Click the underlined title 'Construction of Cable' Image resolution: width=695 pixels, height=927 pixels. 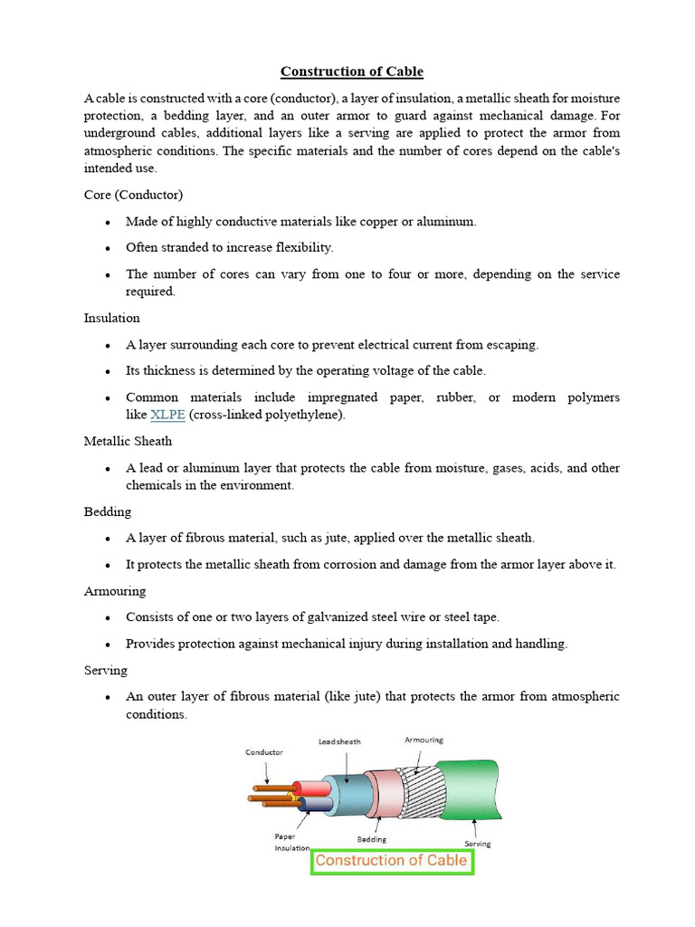click(351, 72)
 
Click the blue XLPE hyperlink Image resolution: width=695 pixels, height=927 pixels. click(167, 415)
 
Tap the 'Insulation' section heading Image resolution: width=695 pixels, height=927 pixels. click(111, 318)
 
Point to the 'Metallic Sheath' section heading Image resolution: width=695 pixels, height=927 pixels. click(128, 441)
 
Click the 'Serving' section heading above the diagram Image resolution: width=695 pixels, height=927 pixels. click(106, 670)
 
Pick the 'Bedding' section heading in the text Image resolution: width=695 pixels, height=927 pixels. click(108, 511)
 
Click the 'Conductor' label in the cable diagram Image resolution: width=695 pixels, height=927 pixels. click(264, 752)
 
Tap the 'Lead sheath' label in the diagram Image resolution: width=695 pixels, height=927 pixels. click(339, 741)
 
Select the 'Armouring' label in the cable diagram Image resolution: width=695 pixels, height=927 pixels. click(424, 740)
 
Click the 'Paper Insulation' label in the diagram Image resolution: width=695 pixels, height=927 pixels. click(292, 842)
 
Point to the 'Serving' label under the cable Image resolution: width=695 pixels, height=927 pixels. click(477, 844)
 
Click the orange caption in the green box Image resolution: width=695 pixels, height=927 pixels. click(391, 860)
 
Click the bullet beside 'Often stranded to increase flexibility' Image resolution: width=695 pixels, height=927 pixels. click(109, 248)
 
